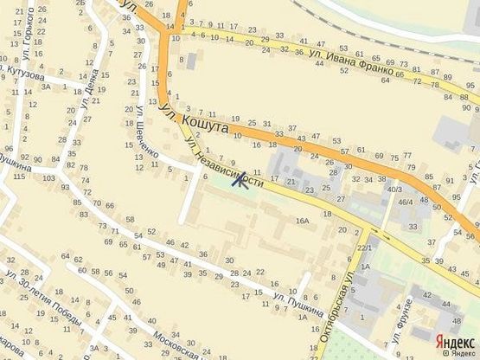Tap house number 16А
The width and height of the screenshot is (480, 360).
point(302,222)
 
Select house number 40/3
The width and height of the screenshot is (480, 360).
point(394,189)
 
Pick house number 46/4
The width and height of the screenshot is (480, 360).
point(404,202)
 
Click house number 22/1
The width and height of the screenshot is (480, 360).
point(365,249)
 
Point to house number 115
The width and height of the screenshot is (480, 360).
point(19,177)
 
